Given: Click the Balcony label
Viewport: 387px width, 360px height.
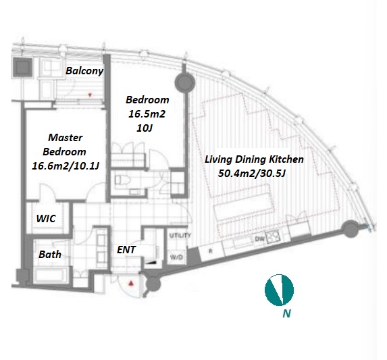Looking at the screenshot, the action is [84, 71].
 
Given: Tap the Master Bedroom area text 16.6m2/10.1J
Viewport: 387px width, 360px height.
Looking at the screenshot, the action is [66, 165].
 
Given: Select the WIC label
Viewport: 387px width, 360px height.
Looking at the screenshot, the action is [46, 219].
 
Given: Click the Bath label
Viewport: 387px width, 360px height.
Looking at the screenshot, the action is [50, 255].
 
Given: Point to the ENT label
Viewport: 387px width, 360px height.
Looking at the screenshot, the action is [126, 250].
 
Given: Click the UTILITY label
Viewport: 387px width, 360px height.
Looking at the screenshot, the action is [180, 236].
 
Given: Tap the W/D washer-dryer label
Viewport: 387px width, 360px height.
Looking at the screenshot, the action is [177, 257].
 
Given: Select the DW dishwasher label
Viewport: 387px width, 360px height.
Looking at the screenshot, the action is [259, 239].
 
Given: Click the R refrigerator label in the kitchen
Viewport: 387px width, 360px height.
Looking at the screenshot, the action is [211, 251].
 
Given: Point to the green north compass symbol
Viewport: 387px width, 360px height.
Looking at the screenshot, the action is [279, 290].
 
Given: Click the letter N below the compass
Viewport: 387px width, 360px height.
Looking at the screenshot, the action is [286, 313].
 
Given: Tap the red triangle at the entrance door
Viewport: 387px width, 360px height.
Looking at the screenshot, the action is [131, 283].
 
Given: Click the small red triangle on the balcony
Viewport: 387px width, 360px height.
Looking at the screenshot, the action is [90, 95].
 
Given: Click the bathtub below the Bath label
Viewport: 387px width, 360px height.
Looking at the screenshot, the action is [51, 276].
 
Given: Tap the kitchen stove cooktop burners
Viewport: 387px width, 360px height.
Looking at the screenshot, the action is [274, 236].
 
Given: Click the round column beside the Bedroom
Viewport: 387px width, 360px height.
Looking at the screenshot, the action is [184, 83].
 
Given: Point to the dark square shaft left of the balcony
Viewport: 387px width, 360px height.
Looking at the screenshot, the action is [23, 68].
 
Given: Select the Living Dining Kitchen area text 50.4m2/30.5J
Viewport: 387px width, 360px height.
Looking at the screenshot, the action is [252, 174].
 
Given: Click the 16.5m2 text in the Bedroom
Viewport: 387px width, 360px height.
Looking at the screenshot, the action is [147, 114].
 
